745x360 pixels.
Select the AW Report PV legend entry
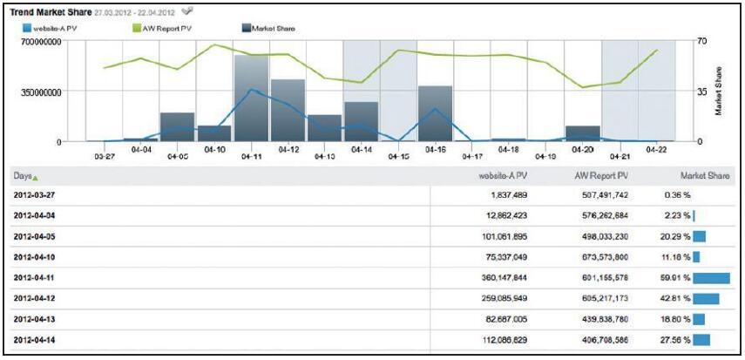[x=163, y=28]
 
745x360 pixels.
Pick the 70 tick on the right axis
[x=702, y=42]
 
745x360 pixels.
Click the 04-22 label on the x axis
[x=656, y=149]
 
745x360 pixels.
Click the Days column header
[x=24, y=175]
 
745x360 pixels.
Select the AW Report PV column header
[x=603, y=175]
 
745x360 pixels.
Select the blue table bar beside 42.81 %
[x=707, y=298]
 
